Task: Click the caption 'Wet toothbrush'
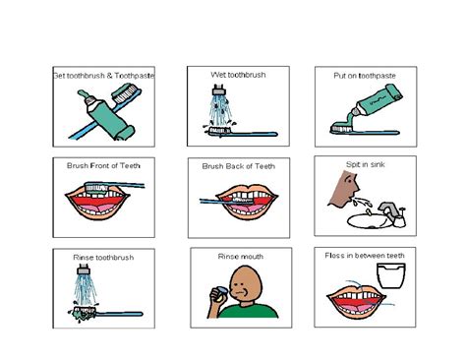[x=238, y=75]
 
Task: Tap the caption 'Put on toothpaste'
[x=365, y=76]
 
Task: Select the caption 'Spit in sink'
[x=366, y=164]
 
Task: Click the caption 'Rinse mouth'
[x=241, y=257]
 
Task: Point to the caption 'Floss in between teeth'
[x=365, y=256]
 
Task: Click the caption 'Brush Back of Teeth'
[x=239, y=166]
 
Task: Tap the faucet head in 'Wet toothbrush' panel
[x=218, y=90]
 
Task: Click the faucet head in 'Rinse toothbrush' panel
[x=84, y=270]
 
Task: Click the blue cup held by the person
[x=218, y=292]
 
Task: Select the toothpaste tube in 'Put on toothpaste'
[x=376, y=103]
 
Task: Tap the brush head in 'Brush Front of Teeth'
[x=97, y=188]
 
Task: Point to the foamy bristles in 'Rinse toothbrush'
[x=82, y=313]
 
